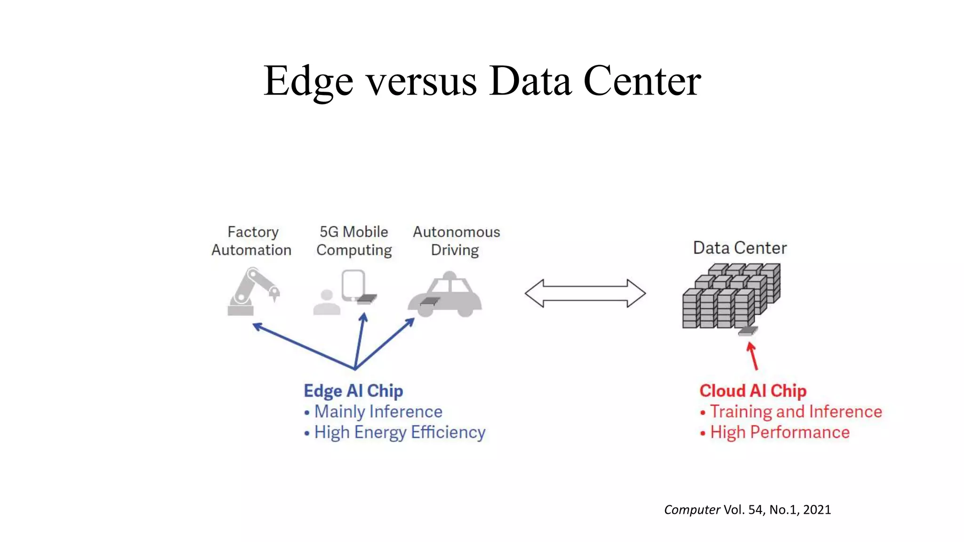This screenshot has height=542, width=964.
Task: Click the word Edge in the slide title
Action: click(x=308, y=81)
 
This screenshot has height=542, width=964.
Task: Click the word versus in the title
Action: click(x=421, y=81)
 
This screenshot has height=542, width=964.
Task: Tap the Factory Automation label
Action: click(x=252, y=241)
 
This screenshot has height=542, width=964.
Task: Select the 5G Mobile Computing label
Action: click(x=354, y=241)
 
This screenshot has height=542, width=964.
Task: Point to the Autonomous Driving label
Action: click(x=456, y=241)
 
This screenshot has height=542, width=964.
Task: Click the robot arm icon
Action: click(x=252, y=292)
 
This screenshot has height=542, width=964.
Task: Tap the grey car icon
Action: click(x=445, y=295)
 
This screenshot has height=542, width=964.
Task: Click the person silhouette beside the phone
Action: click(x=327, y=303)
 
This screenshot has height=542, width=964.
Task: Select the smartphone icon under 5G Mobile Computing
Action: click(x=353, y=285)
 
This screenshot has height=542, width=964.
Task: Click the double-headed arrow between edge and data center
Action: click(x=585, y=293)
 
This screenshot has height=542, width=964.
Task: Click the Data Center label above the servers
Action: click(x=739, y=248)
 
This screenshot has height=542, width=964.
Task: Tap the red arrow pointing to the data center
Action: click(x=753, y=356)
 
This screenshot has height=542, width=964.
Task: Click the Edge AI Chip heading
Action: click(x=353, y=391)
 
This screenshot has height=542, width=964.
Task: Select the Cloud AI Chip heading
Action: click(x=753, y=391)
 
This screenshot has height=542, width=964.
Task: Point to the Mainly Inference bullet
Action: click(x=378, y=412)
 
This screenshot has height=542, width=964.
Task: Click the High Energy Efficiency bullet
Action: click(x=399, y=432)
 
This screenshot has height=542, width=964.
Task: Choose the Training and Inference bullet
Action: click(x=795, y=412)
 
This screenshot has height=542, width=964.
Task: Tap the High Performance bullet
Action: click(x=779, y=432)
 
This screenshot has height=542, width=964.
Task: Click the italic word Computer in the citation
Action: click(x=692, y=510)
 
